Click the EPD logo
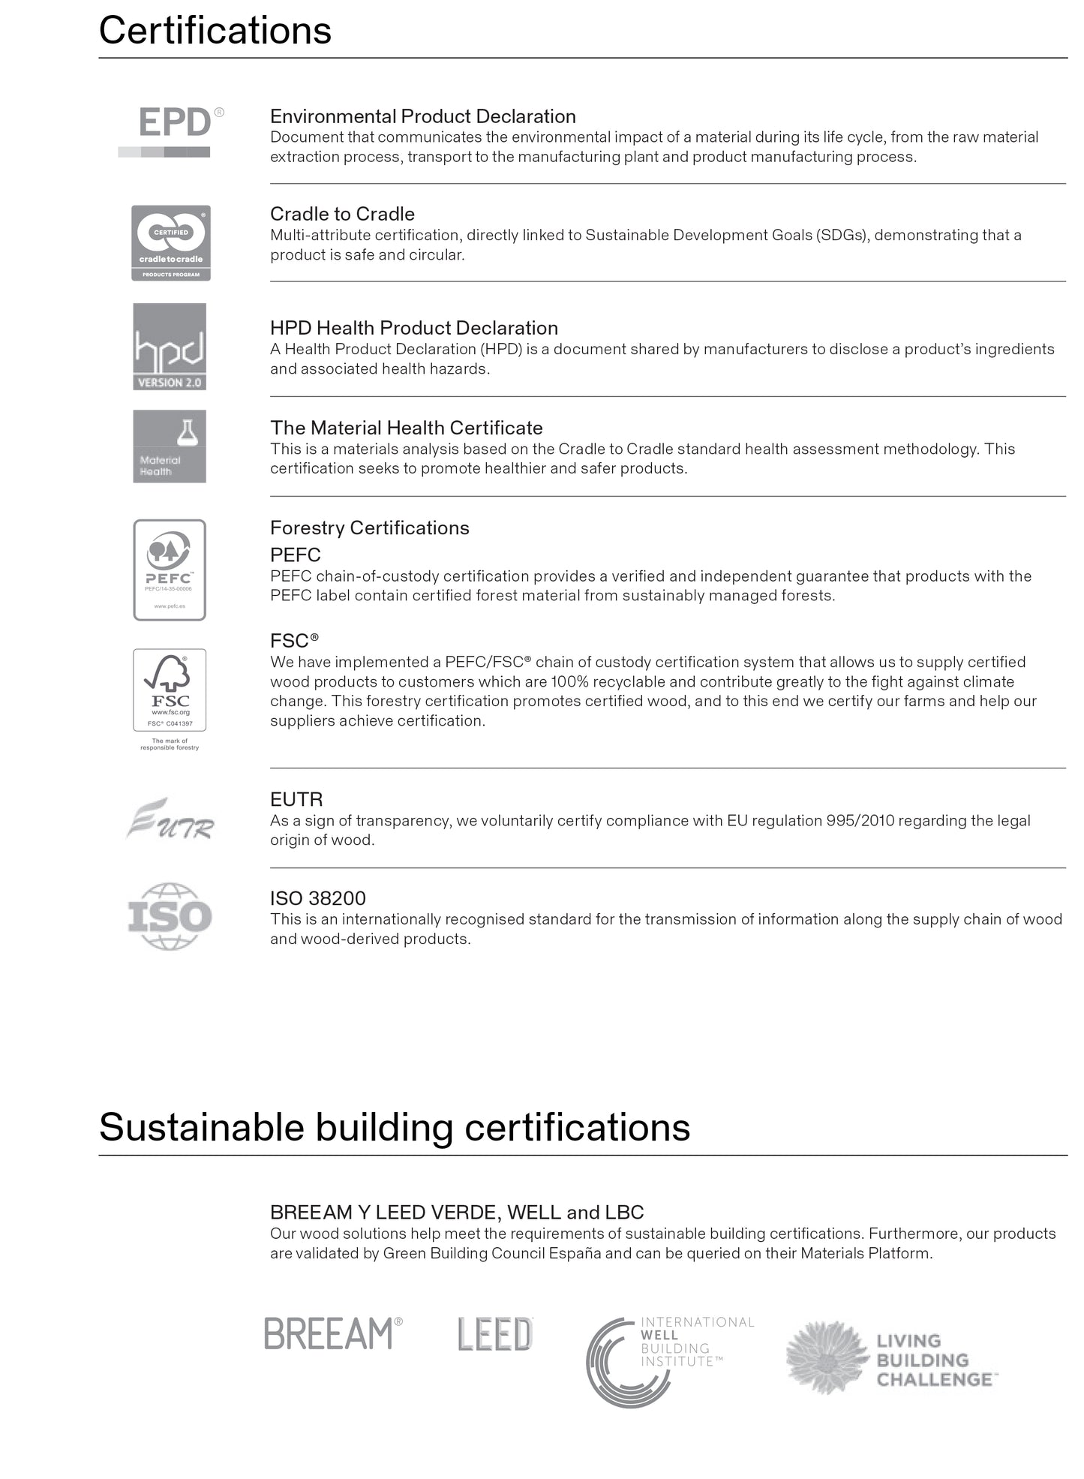(171, 131)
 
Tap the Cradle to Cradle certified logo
(171, 242)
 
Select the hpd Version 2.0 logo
(170, 347)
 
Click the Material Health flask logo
(170, 446)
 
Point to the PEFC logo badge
(170, 570)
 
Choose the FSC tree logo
(170, 690)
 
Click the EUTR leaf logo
(170, 819)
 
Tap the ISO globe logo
(170, 916)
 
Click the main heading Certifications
(215, 31)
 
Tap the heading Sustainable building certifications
(395, 1127)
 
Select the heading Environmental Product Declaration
(423, 116)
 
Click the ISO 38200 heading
(318, 898)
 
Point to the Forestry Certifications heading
(370, 528)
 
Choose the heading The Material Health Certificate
(407, 428)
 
